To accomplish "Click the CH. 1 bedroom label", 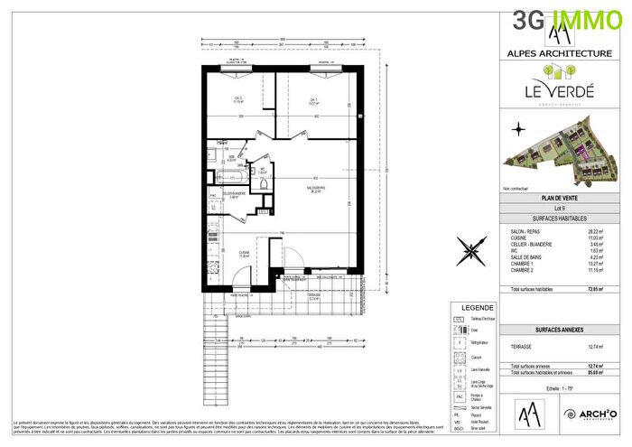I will [x=314, y=101].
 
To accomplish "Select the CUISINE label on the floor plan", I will [x=244, y=254].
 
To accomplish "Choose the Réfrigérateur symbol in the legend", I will [x=460, y=344].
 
